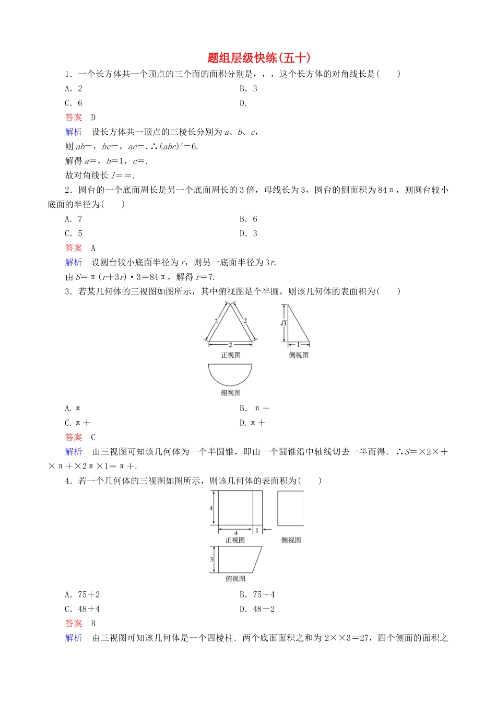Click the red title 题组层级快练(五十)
point(258,58)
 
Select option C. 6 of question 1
point(74,103)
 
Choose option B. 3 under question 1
point(249,88)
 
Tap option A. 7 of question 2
point(74,219)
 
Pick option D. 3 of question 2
point(249,233)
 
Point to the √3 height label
point(284,323)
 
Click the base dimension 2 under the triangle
point(230,345)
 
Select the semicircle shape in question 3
point(230,373)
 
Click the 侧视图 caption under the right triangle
point(299,355)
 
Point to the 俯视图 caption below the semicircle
point(230,393)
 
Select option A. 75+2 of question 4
point(82,594)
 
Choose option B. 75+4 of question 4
point(257,594)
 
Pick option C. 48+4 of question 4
point(82,609)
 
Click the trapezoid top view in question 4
point(238,559)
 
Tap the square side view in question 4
point(290,508)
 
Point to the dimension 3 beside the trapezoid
point(212,559)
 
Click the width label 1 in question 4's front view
point(257,531)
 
